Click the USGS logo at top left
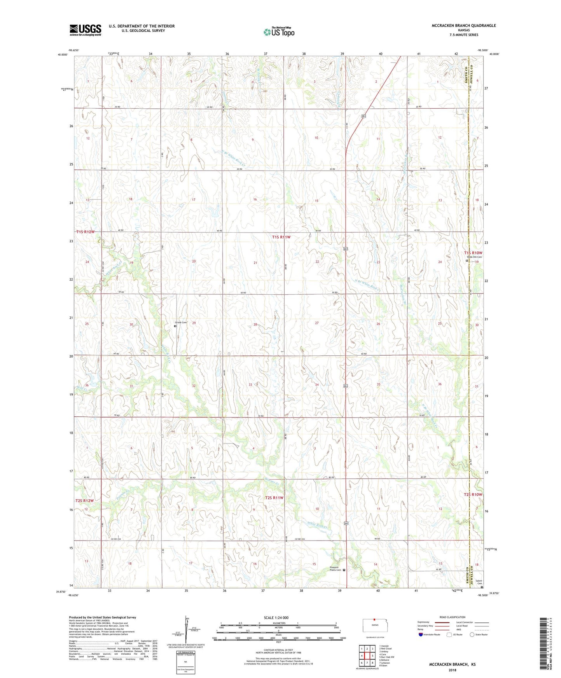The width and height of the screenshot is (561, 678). click(85, 30)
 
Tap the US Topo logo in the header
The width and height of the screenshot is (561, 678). click(279, 32)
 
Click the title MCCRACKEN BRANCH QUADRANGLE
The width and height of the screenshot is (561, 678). click(464, 26)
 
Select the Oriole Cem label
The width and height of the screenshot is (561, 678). click(181, 322)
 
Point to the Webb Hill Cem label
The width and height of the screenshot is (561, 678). click(474, 257)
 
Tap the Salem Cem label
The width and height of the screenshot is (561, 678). click(479, 582)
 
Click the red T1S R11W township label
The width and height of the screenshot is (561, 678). click(281, 237)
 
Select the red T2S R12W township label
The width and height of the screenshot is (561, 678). click(85, 501)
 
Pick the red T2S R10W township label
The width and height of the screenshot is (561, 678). click(473, 494)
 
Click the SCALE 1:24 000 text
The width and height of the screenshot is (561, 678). click(276, 617)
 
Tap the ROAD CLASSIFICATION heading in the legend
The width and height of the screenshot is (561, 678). click(452, 617)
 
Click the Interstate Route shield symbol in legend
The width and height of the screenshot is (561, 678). click(421, 635)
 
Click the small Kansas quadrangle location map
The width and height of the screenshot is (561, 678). click(374, 624)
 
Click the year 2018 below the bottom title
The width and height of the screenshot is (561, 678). click(452, 670)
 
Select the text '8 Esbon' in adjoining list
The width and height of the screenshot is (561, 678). click(384, 666)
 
